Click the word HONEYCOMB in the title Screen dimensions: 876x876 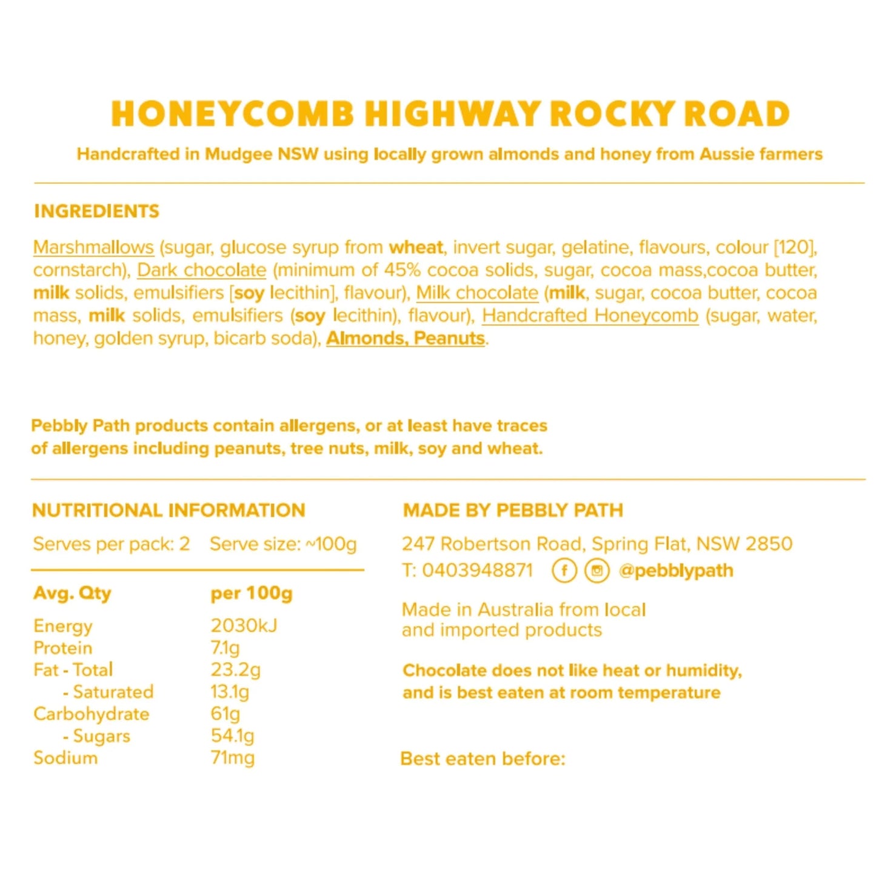(x=232, y=114)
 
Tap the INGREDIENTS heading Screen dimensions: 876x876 (x=96, y=211)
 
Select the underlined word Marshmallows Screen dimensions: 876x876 (x=93, y=247)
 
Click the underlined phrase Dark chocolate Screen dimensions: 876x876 (x=202, y=270)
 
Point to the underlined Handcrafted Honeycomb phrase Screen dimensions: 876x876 (x=590, y=315)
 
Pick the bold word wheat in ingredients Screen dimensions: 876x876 (x=416, y=247)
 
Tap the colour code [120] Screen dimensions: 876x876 (x=795, y=247)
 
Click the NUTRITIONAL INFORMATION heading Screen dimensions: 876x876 (x=169, y=510)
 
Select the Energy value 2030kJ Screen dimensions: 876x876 (x=244, y=625)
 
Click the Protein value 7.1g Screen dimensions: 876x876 (x=225, y=647)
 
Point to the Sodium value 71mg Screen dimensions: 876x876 (x=232, y=758)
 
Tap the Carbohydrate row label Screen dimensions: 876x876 (x=92, y=714)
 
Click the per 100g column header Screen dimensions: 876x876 (x=252, y=593)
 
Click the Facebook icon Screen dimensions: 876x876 (x=564, y=570)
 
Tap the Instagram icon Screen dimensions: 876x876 (x=597, y=570)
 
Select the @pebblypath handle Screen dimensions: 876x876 (x=676, y=570)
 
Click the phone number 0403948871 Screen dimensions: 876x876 (x=477, y=570)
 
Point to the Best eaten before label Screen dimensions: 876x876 (x=483, y=758)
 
